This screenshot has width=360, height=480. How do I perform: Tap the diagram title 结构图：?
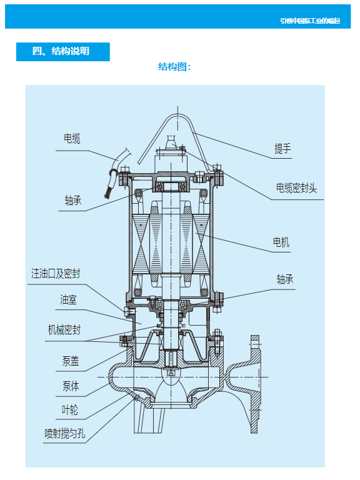174,67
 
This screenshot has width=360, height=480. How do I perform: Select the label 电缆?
72,139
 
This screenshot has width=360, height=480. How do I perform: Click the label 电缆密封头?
297,187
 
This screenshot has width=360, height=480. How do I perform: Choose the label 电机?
281,242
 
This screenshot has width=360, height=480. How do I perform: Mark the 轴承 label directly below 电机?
285,279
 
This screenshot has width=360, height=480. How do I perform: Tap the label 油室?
69,300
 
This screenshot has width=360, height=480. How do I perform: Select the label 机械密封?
64,329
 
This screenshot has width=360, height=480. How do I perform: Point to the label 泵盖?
71,361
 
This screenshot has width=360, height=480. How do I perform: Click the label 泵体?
71,386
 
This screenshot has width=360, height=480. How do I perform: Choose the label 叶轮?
71,411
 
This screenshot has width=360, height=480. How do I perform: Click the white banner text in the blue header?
310,21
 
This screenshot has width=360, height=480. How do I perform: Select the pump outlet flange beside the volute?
253,384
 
